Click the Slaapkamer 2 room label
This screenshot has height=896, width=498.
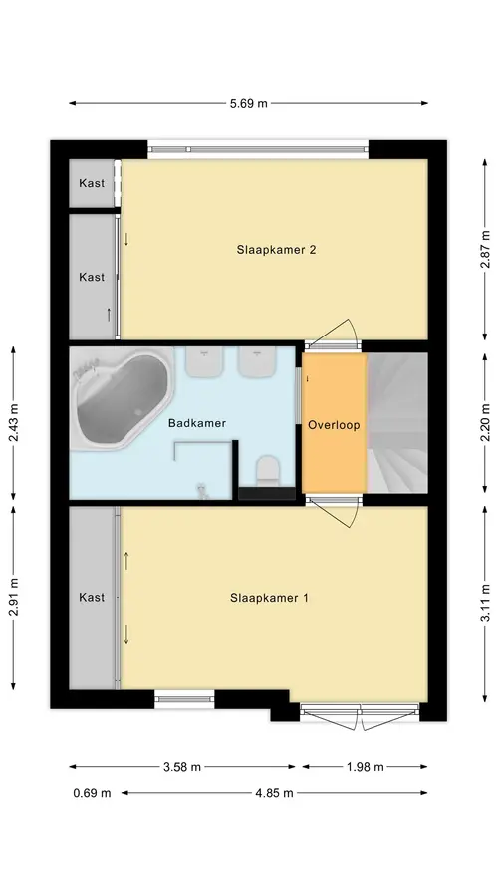(277, 250)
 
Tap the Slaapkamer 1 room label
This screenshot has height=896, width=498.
(269, 598)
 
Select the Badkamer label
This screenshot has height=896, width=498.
(196, 423)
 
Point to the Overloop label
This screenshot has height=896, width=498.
(334, 425)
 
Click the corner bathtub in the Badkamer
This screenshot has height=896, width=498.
(122, 398)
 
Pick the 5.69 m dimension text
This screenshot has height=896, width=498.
(248, 104)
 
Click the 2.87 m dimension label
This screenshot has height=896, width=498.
(485, 249)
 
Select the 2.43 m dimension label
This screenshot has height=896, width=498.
(13, 423)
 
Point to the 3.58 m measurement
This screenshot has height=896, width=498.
(182, 767)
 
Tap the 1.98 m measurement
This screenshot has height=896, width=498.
(365, 767)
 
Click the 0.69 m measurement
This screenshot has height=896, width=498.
(92, 793)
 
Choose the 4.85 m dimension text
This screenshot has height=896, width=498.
(274, 793)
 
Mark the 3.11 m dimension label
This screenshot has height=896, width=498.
(485, 603)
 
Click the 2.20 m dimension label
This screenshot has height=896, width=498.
(485, 423)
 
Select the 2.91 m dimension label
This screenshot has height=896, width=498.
(13, 597)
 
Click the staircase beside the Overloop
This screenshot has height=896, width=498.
(397, 423)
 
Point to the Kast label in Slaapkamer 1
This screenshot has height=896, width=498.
(92, 597)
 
